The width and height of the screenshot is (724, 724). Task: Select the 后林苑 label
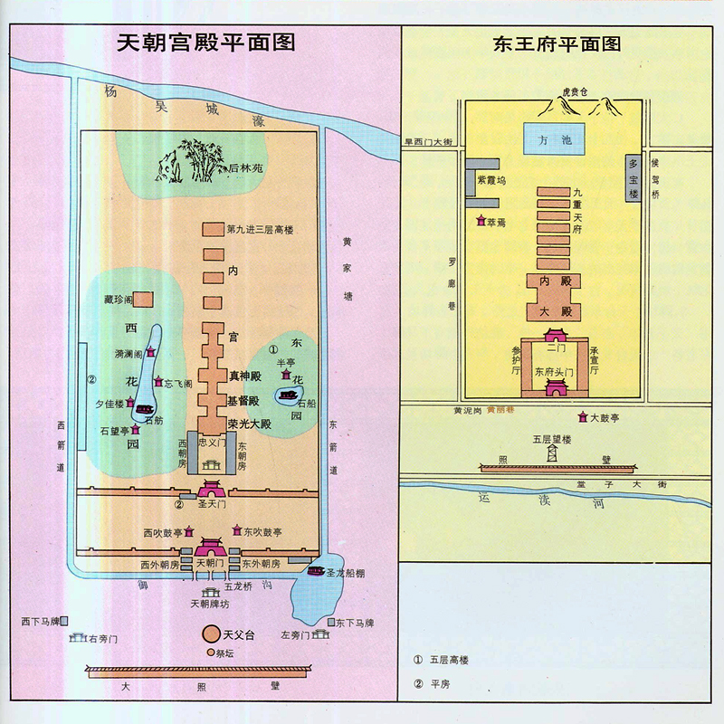click(x=245, y=168)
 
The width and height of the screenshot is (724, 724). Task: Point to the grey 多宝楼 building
click(x=633, y=177)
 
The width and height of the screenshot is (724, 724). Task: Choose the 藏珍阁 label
click(x=119, y=299)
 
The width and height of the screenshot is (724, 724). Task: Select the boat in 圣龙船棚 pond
click(x=316, y=571)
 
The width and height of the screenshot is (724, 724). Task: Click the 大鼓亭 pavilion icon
click(x=581, y=418)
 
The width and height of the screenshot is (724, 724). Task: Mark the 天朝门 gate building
click(x=210, y=548)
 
